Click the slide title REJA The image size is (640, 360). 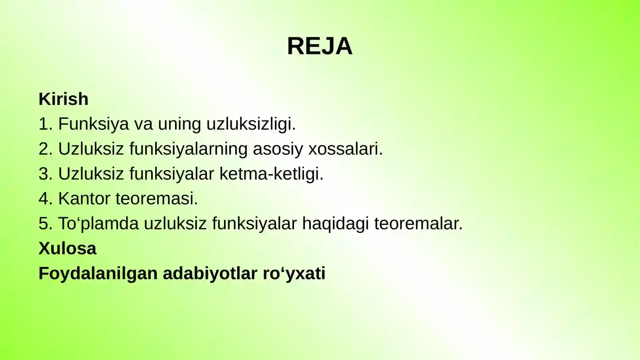320,46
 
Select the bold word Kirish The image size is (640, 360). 63,99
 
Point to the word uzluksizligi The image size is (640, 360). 251,124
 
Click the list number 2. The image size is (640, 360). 45,149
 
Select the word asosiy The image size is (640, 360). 278,149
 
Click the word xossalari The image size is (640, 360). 345,149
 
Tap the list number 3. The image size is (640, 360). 45,174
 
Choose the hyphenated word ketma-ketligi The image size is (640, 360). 271,174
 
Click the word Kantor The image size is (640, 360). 84,199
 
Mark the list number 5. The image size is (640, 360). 45,224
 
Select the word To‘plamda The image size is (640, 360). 98,224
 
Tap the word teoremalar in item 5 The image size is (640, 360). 418,224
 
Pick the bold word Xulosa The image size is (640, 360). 67,248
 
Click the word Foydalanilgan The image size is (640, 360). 98,274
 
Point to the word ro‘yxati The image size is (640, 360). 294,274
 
